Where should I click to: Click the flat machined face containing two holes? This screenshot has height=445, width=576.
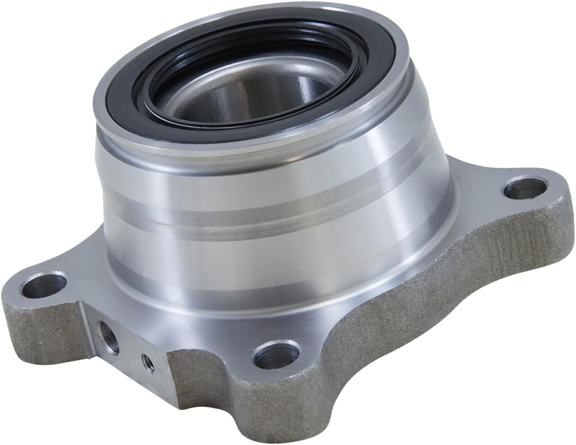click(126, 355)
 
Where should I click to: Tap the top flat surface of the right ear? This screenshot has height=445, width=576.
click(495, 205)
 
